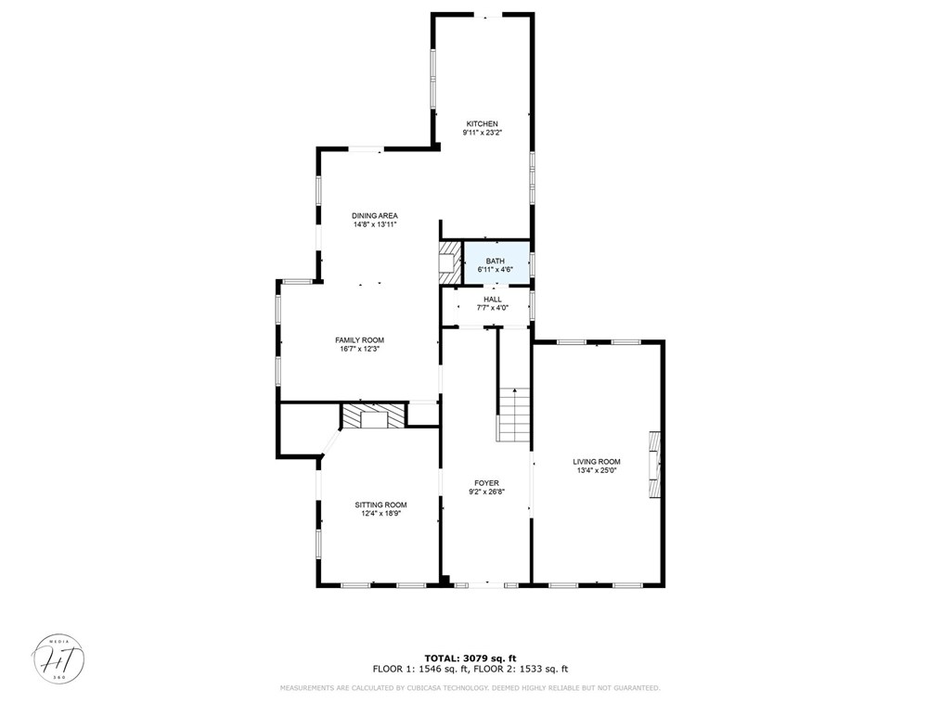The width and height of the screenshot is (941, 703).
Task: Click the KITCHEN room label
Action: pyautogui.click(x=482, y=123)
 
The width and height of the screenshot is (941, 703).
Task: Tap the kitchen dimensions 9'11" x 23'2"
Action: pyautogui.click(x=482, y=133)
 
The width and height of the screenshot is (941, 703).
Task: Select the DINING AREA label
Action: pyautogui.click(x=374, y=215)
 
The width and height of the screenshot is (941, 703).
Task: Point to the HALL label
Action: pyautogui.click(x=492, y=300)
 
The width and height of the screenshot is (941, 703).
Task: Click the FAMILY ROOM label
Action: pyautogui.click(x=359, y=340)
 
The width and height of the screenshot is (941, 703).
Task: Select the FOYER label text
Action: pyautogui.click(x=486, y=483)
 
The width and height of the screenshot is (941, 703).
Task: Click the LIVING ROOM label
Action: pyautogui.click(x=596, y=462)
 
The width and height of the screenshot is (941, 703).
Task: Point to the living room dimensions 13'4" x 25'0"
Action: pyautogui.click(x=596, y=471)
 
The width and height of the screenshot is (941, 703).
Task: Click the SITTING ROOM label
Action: pyautogui.click(x=380, y=505)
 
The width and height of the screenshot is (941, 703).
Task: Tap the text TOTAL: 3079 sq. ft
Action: pyautogui.click(x=470, y=658)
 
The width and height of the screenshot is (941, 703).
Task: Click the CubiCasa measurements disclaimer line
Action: pyautogui.click(x=470, y=688)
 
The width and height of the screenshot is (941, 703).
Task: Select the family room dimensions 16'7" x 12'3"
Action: pyautogui.click(x=359, y=350)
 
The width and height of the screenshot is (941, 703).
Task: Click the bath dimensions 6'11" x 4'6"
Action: pyautogui.click(x=496, y=270)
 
